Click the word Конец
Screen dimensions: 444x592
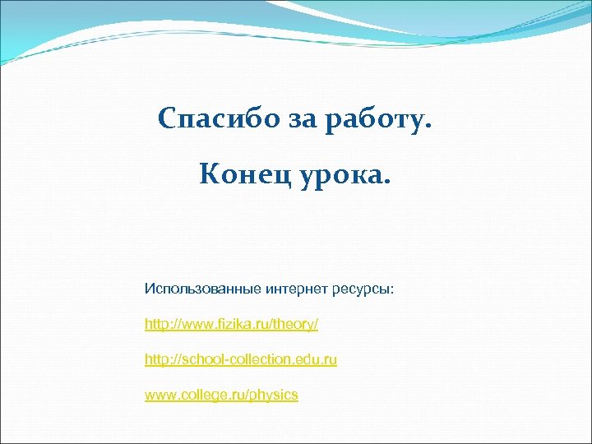[238, 174]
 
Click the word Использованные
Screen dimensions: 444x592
[201, 289]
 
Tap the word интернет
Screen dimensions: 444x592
[296, 289]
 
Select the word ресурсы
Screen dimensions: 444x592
[361, 290]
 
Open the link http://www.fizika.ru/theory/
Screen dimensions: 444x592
[231, 325]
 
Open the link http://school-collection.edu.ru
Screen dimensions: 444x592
[241, 360]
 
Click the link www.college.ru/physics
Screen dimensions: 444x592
[221, 395]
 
